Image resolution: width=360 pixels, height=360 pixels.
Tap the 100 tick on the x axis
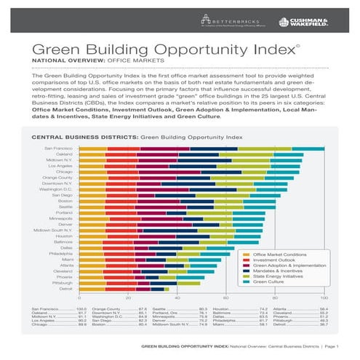(x=324, y=298)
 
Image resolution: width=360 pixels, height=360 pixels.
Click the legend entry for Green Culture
(x=271, y=281)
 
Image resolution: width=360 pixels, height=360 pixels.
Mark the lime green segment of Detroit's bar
(x=177, y=289)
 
